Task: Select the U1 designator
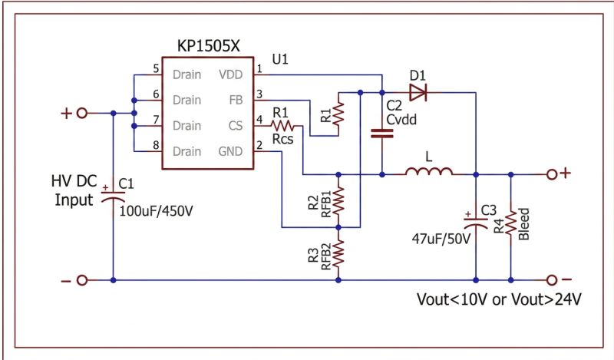point(282,58)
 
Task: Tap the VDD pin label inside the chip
point(230,75)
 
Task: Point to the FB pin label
point(236,100)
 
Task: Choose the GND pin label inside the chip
point(230,151)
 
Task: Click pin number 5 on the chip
point(156,69)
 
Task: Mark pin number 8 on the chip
point(156,145)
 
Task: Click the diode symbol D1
point(418,93)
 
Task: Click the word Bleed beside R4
point(524,223)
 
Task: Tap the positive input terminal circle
point(82,113)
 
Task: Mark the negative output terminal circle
point(551,280)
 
